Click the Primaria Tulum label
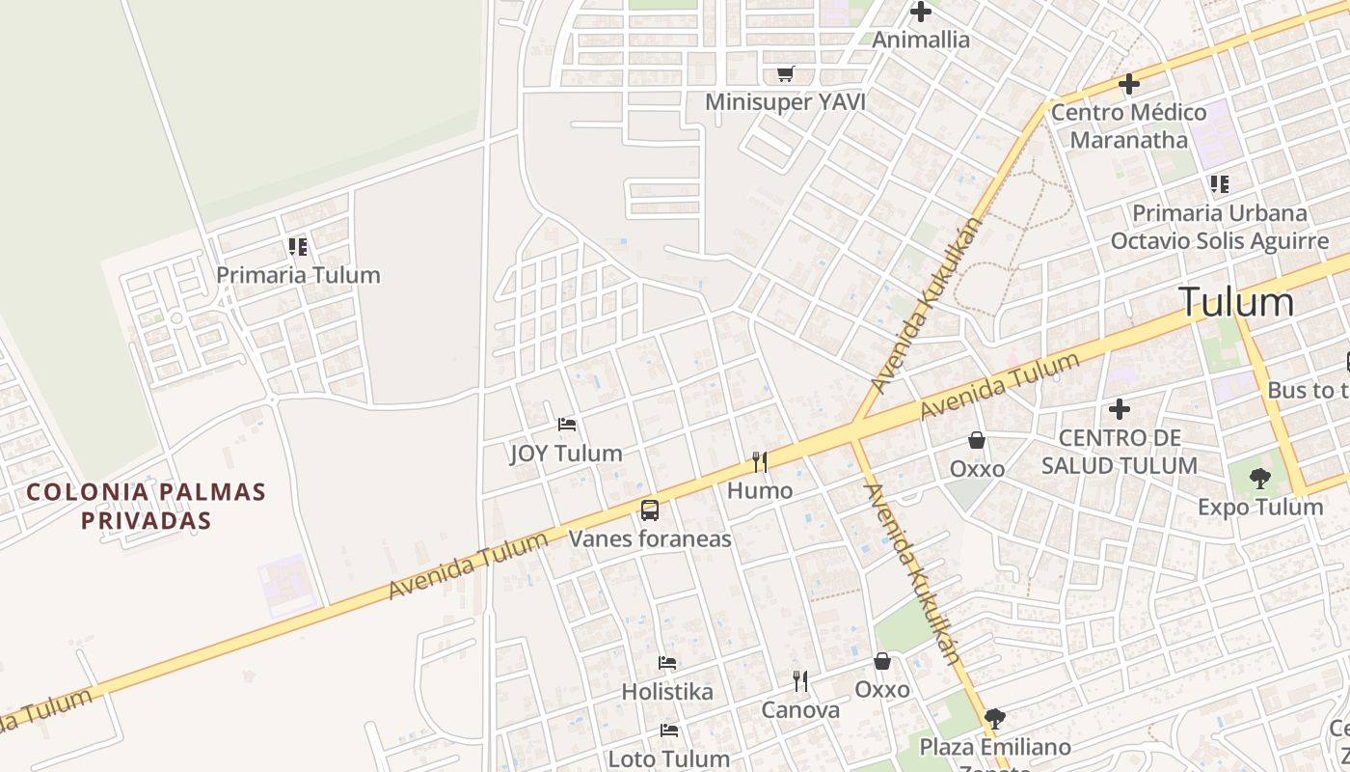[298, 275]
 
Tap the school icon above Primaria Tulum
[298, 247]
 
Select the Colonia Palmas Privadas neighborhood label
[146, 506]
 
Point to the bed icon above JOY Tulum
[567, 425]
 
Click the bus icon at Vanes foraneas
[650, 510]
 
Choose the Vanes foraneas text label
[650, 538]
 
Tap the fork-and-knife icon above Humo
[760, 462]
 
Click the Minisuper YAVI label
[785, 102]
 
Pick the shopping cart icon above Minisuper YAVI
[786, 74]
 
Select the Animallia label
[921, 41]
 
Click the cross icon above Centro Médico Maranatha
[1128, 84]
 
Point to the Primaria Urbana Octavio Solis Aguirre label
[1219, 227]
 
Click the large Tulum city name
[1236, 302]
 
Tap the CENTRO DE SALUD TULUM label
[1119, 452]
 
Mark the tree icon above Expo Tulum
[1259, 478]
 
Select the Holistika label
[667, 692]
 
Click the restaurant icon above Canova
[800, 681]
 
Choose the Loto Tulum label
[669, 758]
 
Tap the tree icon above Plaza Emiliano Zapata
[995, 719]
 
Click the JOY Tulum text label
[566, 454]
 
